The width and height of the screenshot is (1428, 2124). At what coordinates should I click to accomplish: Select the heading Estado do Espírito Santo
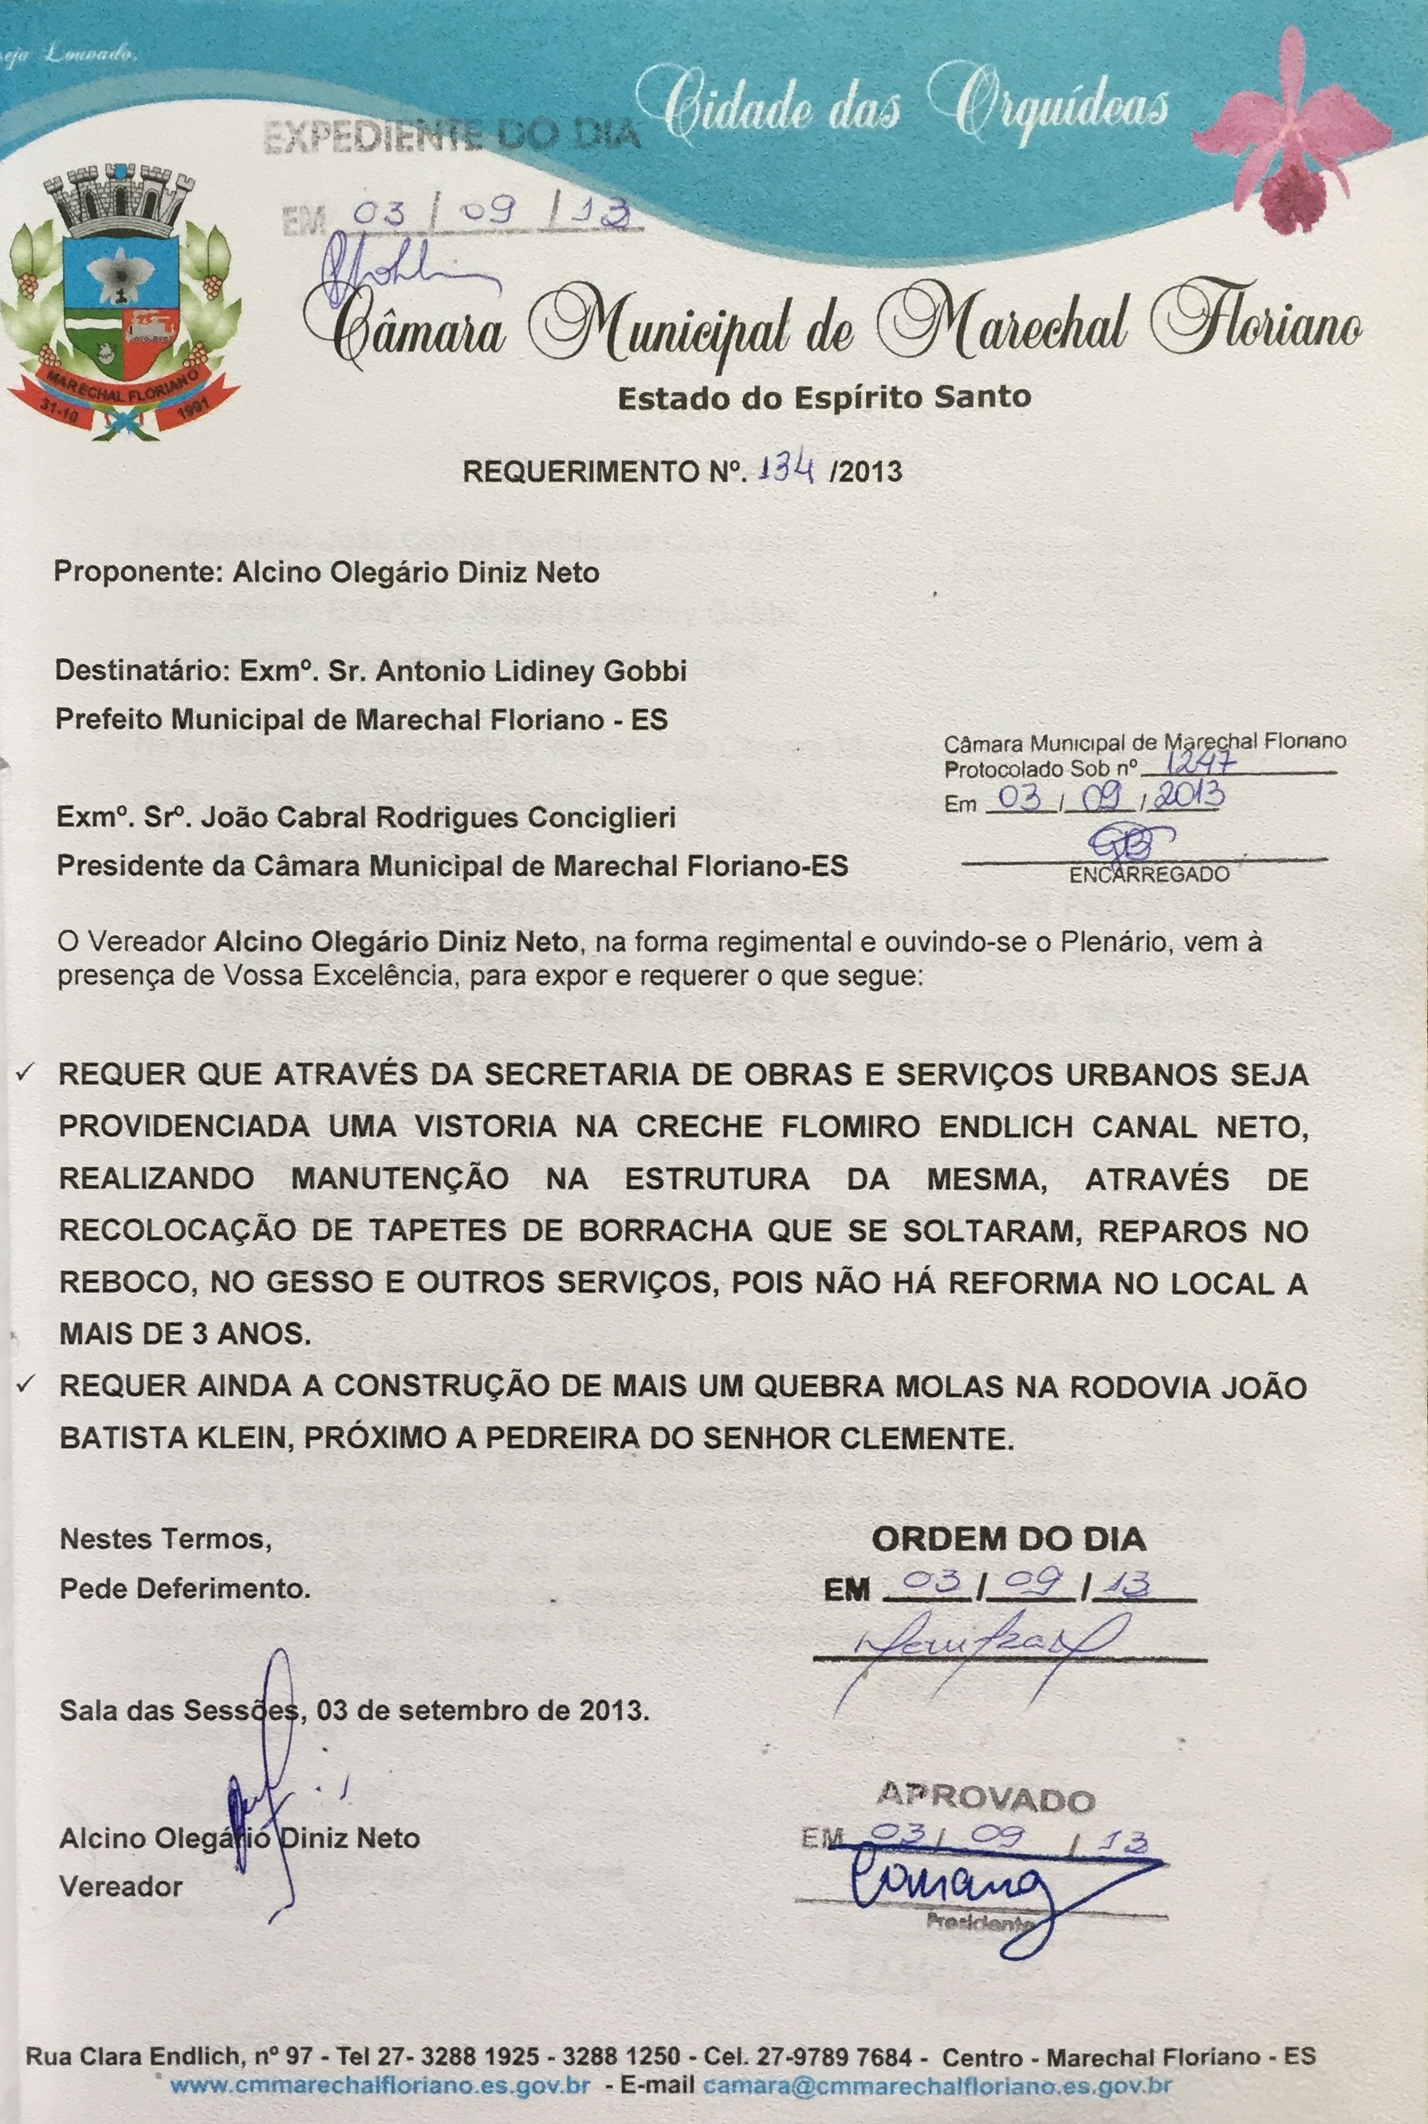pos(824,398)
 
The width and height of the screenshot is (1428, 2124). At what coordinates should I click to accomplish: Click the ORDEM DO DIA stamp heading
pos(1008,1538)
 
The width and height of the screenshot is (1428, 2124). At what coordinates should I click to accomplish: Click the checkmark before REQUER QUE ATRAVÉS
pos(26,1074)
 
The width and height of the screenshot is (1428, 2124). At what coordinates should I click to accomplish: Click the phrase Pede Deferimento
pos(185,1588)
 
